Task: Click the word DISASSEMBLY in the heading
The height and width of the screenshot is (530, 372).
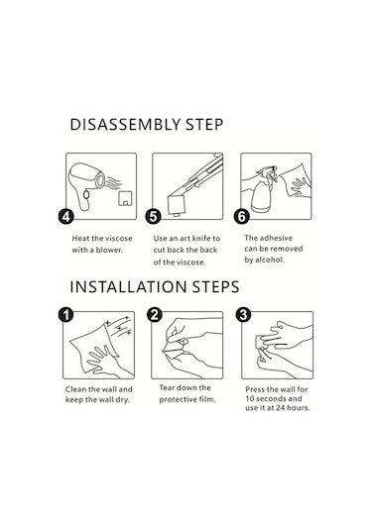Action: (125, 125)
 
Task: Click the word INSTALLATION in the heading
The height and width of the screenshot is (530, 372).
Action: (128, 287)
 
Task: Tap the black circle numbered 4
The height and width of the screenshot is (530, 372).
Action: (65, 216)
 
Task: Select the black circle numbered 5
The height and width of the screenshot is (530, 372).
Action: (153, 216)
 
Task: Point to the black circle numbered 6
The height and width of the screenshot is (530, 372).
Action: (242, 216)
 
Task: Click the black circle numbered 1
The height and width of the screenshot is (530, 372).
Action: (65, 315)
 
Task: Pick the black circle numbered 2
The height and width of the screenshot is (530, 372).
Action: (154, 315)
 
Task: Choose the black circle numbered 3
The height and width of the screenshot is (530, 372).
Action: (243, 315)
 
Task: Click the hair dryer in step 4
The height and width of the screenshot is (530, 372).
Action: (86, 185)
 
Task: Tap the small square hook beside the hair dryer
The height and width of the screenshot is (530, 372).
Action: (125, 198)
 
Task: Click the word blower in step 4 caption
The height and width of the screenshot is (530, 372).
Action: (109, 250)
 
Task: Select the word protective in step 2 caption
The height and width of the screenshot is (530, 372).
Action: (178, 399)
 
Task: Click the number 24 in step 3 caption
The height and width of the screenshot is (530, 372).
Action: (280, 408)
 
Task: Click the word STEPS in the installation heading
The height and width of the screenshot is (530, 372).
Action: (215, 287)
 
